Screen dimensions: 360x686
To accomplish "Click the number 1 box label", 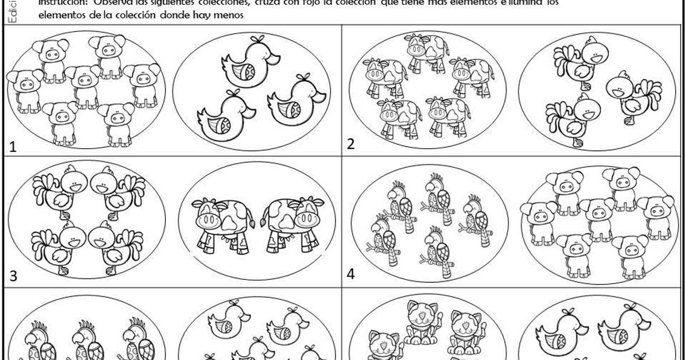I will coord(13,146).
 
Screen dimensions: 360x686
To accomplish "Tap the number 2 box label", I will coord(351,144).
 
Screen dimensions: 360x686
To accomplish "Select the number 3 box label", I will coord(13,277).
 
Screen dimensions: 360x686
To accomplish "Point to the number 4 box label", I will coord(351,274).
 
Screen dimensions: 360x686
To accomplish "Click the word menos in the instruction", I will coord(229,16).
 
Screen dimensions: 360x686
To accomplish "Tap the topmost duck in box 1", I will coord(250,62).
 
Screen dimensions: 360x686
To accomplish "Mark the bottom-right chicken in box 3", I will coord(111,244).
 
